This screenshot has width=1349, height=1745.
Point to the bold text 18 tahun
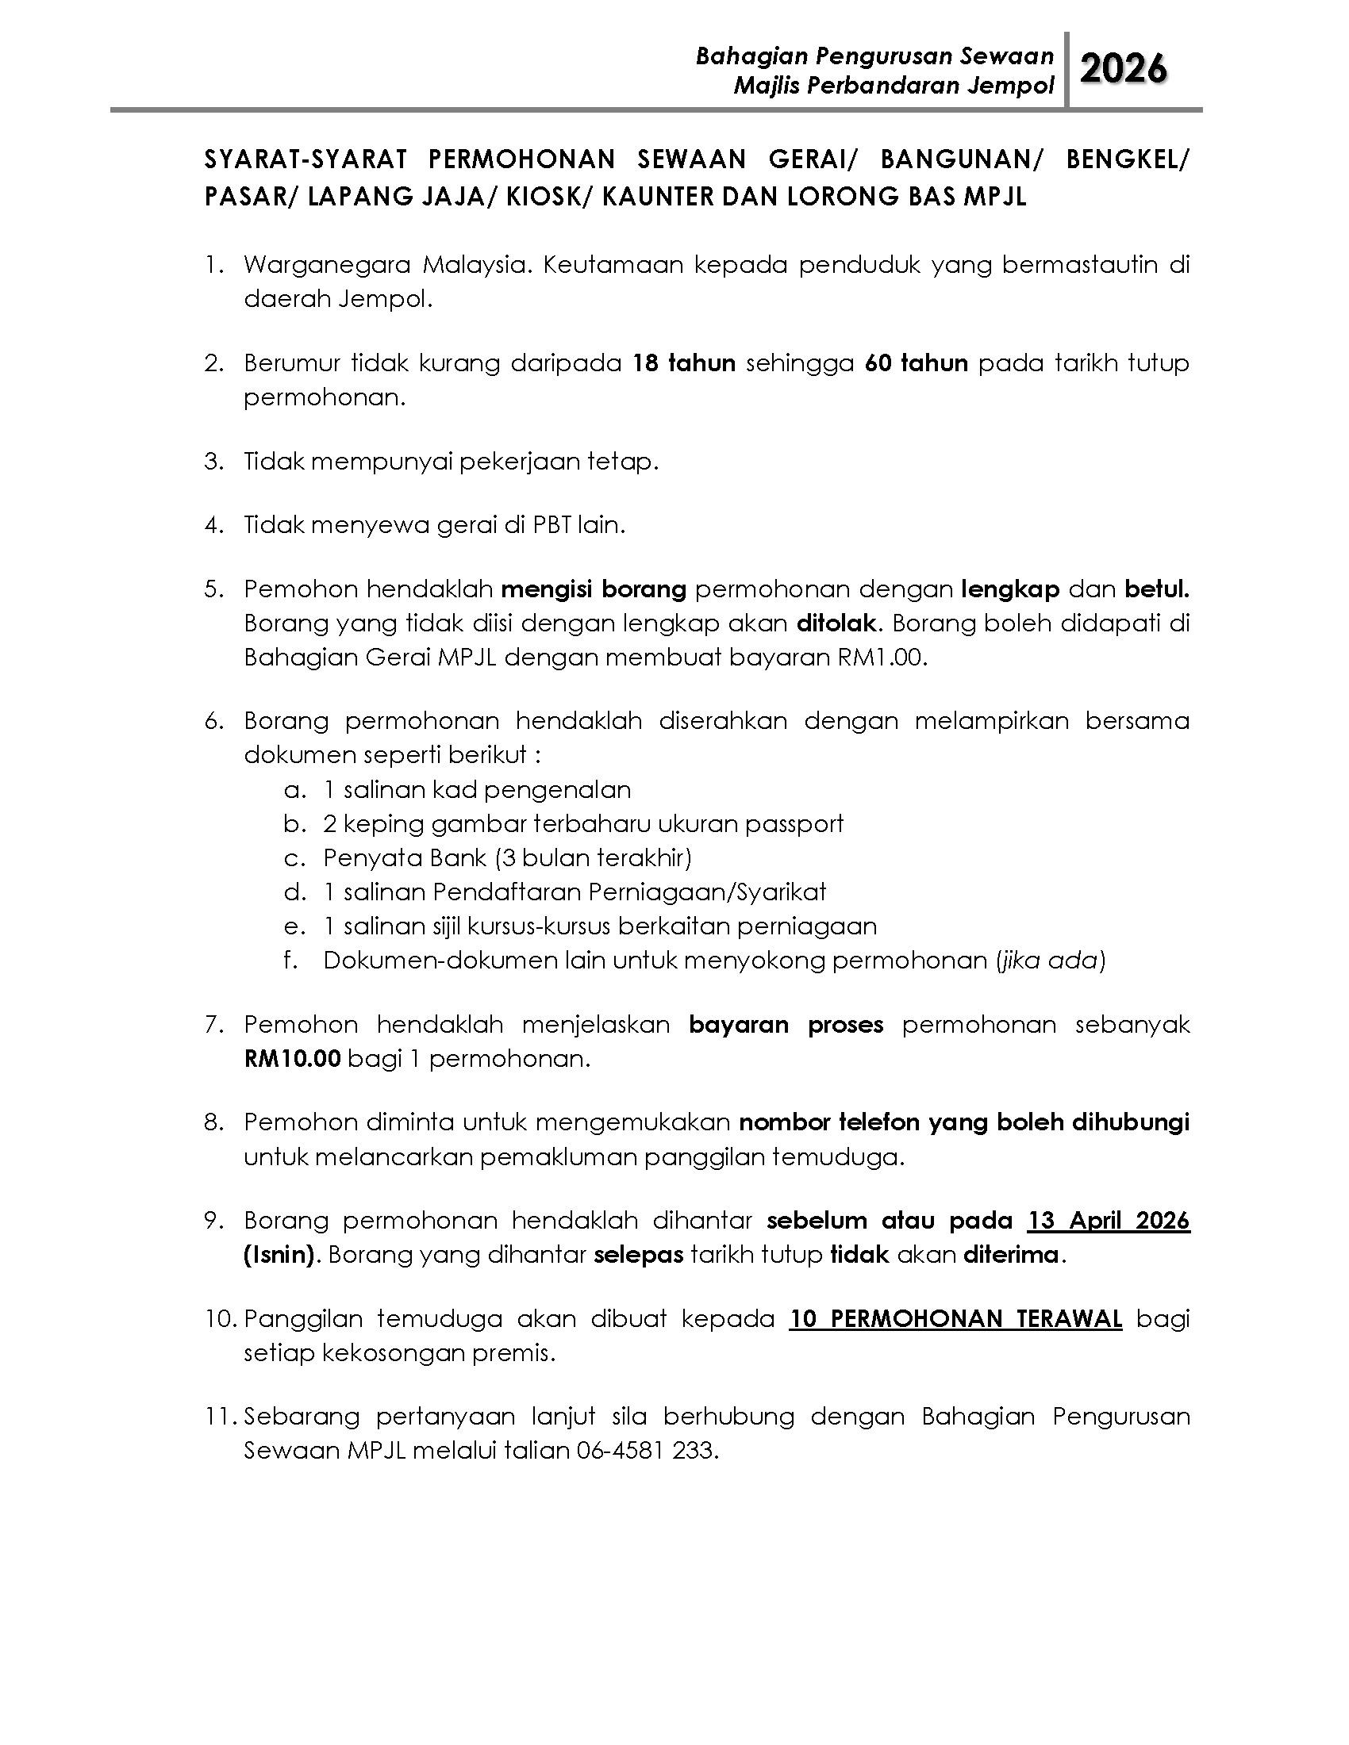(x=683, y=363)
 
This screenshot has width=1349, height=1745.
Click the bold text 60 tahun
(x=916, y=363)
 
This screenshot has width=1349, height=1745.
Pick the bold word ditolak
(x=836, y=623)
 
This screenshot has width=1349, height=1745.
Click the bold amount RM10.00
(x=293, y=1059)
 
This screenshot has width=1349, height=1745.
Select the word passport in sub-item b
(x=794, y=824)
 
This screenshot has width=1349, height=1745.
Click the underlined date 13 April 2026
(x=1109, y=1221)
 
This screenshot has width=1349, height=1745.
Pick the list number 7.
(x=212, y=1025)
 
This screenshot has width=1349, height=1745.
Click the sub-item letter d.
(x=294, y=892)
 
